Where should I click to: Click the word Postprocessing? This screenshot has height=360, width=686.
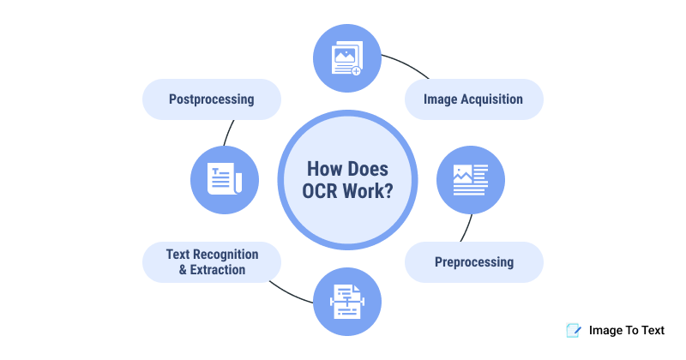(x=211, y=99)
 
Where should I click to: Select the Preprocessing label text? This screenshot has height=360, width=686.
(x=473, y=261)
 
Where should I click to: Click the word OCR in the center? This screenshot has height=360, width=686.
(x=322, y=191)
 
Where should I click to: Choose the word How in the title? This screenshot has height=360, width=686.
(x=325, y=167)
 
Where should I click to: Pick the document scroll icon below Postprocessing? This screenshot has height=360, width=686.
(x=225, y=178)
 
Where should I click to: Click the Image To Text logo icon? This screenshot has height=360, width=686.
(x=572, y=329)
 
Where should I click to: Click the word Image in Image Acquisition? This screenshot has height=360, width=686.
(x=442, y=99)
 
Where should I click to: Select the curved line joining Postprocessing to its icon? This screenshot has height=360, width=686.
(x=228, y=133)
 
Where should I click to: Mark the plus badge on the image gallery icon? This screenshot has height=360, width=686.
(x=356, y=71)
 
